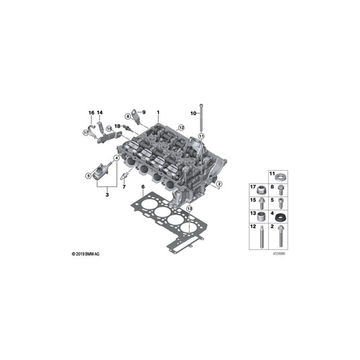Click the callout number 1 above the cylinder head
[158, 113]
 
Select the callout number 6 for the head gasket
[143, 187]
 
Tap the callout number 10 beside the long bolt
[194, 113]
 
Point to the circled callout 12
[181, 128]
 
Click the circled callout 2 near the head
[219, 184]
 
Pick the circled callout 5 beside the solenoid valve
[88, 176]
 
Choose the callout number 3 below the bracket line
[107, 195]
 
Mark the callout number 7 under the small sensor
[124, 187]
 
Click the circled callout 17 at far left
[86, 132]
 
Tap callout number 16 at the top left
[91, 113]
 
